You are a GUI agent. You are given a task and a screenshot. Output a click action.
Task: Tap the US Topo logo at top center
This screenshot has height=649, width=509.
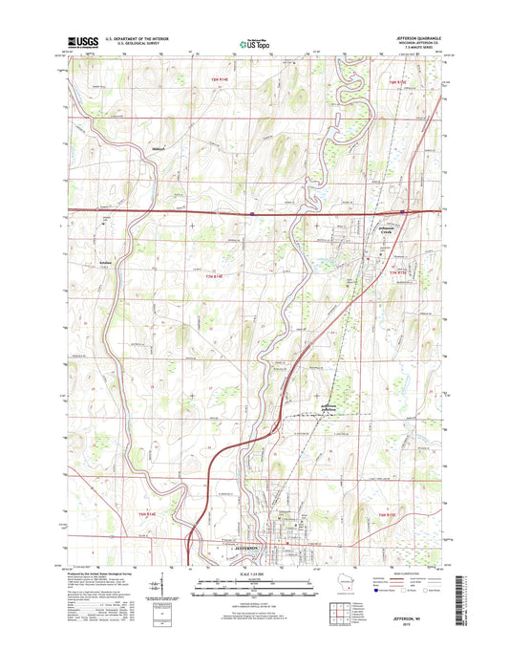click(x=253, y=42)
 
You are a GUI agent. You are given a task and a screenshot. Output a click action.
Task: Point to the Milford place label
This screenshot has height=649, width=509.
click(x=159, y=149)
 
